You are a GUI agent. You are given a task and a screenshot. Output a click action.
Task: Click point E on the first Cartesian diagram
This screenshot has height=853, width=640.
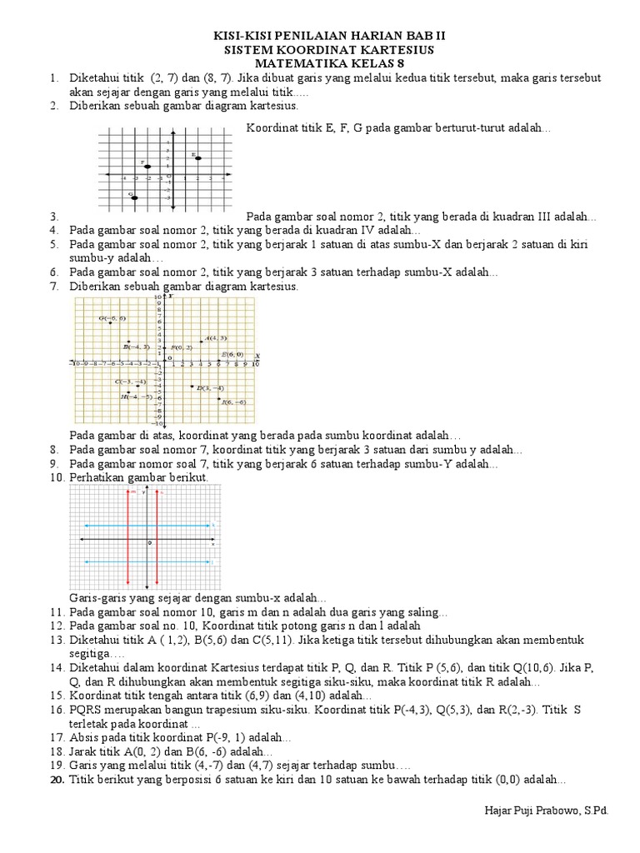(x=197, y=158)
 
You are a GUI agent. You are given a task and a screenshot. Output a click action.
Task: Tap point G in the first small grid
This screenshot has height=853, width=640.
(x=135, y=197)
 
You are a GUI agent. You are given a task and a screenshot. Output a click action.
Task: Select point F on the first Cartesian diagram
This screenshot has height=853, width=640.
(x=147, y=167)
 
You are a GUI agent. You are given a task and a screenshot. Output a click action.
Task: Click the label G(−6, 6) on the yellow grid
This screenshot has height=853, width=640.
(x=112, y=318)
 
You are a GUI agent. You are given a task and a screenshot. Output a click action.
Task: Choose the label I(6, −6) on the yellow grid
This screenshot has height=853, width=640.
(x=233, y=402)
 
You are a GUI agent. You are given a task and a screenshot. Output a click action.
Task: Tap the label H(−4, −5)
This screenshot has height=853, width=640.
(x=136, y=397)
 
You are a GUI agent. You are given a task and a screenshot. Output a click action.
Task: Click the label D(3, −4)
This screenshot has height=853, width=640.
(x=210, y=388)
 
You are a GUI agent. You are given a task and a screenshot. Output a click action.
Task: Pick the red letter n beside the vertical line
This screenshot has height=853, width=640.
(x=162, y=493)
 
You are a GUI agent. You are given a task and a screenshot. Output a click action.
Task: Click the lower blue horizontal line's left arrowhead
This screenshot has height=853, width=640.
(x=81, y=562)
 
